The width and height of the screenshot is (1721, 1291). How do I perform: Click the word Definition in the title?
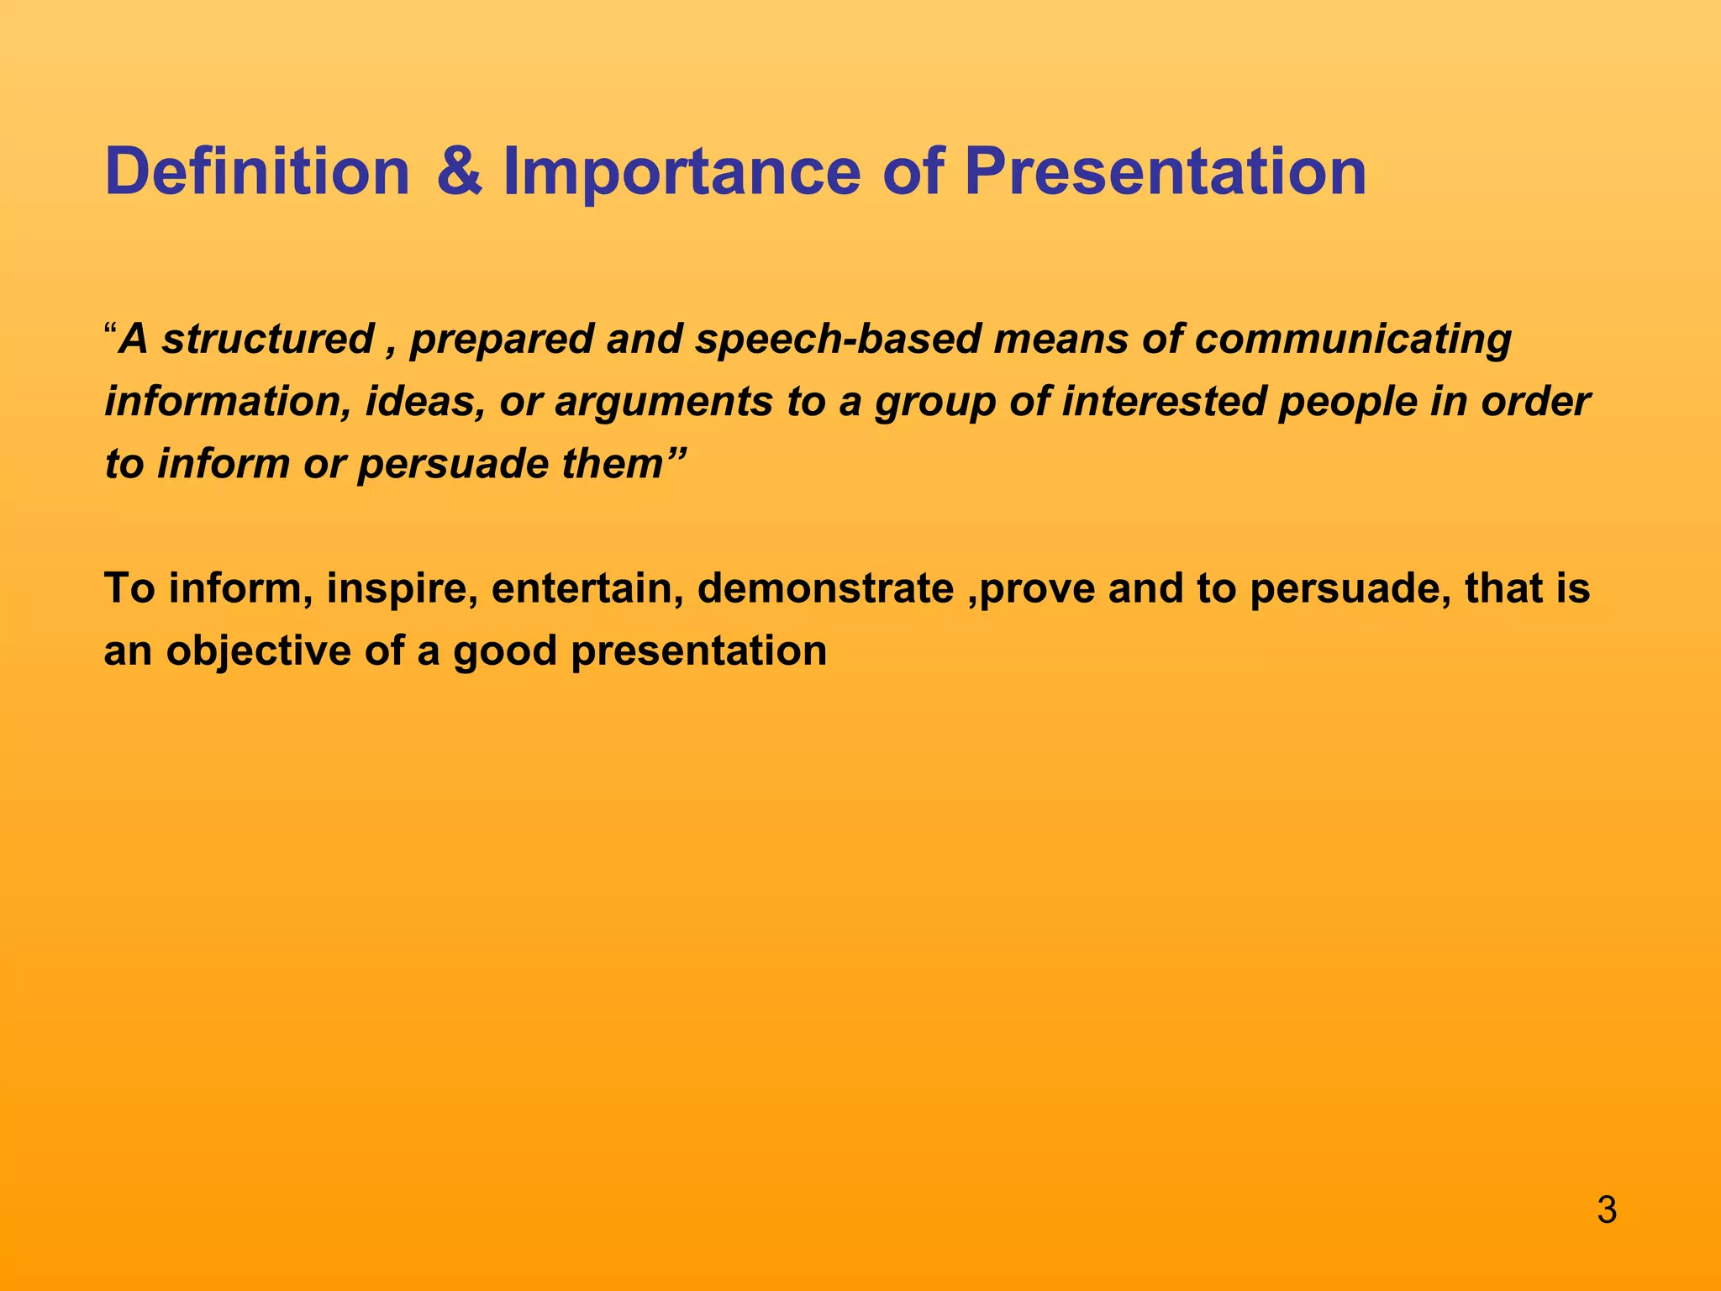[256, 172]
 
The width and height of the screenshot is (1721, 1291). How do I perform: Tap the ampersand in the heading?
[460, 172]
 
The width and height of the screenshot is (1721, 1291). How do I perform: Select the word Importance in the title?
[681, 172]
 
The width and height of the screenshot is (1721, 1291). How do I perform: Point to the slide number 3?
[1606, 1211]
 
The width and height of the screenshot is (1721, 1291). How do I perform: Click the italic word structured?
[267, 339]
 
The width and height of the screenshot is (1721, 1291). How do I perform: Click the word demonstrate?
[825, 588]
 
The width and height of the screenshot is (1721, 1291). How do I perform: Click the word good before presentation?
[505, 651]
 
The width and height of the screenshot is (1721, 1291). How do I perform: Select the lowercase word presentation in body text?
[699, 651]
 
